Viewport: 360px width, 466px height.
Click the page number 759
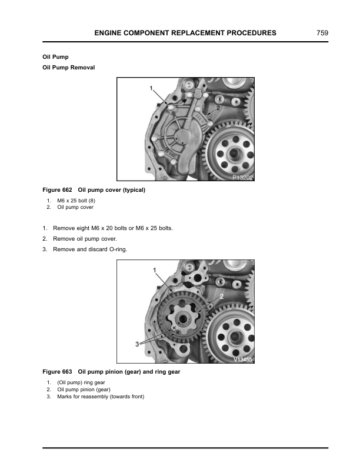click(322, 34)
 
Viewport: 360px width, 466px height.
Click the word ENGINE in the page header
click(109, 34)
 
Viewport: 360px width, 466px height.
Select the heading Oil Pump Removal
click(69, 68)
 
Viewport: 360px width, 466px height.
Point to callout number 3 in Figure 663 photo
click(137, 344)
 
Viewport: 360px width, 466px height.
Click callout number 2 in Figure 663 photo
click(221, 297)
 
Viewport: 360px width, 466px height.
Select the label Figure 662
click(57, 190)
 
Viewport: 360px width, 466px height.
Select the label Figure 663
click(57, 372)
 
